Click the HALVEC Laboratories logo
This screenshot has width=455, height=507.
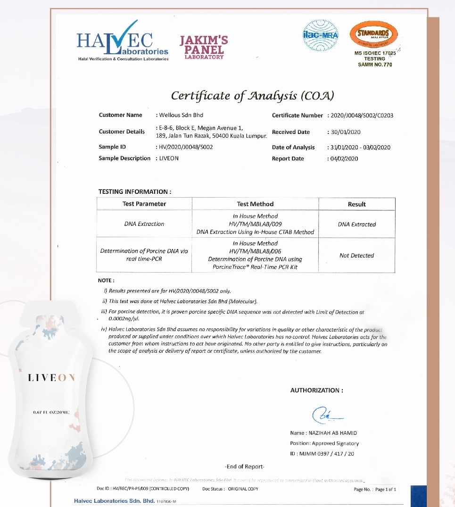point(123,42)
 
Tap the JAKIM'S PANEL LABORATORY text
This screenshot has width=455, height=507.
point(204,47)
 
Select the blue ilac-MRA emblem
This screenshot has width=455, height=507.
point(320,35)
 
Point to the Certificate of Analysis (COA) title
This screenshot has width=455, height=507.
point(252,96)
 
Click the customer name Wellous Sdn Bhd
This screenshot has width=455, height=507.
point(182,115)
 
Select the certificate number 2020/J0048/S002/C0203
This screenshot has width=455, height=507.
point(362,116)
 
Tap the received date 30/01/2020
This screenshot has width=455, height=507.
point(345,132)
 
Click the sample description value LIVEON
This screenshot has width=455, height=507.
point(169,158)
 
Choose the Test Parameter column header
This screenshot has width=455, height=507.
point(144,204)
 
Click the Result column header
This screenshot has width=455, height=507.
point(356,204)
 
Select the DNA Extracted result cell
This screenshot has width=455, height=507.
point(356,224)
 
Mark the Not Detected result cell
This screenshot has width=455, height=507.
point(356,256)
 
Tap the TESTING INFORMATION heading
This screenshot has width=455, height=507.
point(134,191)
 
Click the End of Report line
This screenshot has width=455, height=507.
point(245,466)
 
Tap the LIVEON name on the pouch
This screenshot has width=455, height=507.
point(51,378)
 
